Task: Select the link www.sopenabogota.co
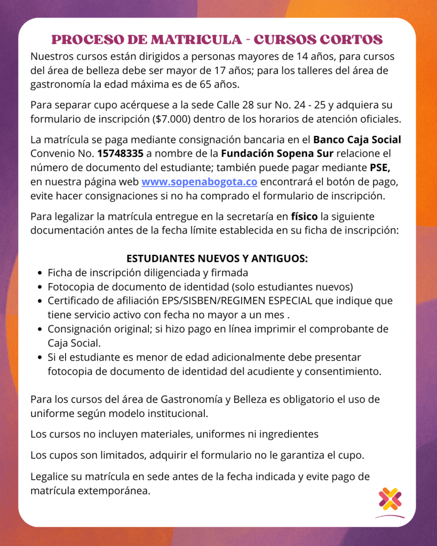click(x=200, y=182)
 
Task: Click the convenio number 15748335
click(x=121, y=155)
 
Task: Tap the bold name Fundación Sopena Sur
click(x=277, y=155)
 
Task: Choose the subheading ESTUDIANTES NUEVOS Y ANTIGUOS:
click(x=217, y=259)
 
